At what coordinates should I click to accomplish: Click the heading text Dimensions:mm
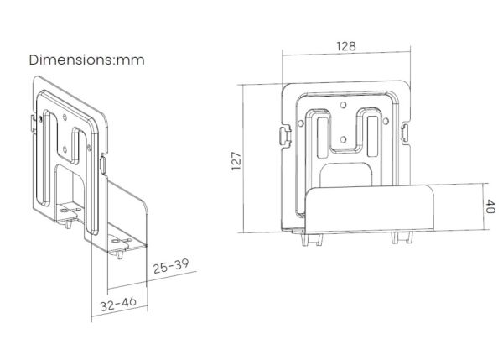point(86,60)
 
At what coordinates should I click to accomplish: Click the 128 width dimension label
point(346,46)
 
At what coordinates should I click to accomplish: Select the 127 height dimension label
point(236,161)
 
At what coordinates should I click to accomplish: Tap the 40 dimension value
point(490,206)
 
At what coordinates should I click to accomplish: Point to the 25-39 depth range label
point(171,265)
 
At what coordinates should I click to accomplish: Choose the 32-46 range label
point(118,304)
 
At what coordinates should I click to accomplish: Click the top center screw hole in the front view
point(343,105)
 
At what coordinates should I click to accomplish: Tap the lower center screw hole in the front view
point(343,139)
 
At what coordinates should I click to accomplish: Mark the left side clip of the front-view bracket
point(285,136)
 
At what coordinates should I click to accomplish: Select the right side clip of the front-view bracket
point(405,133)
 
